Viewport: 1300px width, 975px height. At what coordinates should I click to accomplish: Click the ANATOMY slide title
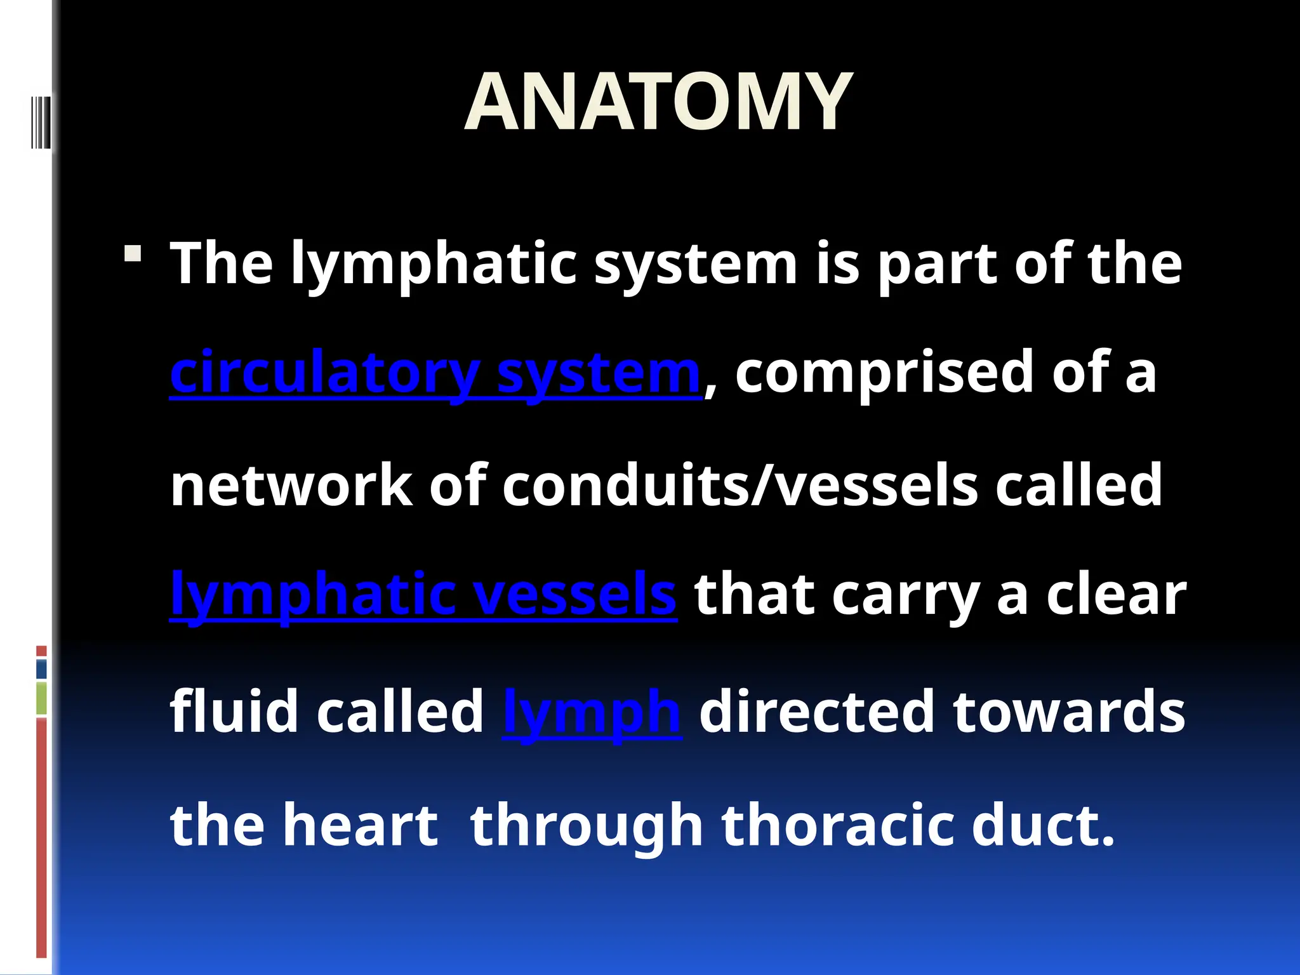[658, 102]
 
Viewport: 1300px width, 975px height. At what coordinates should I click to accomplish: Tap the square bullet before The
[133, 255]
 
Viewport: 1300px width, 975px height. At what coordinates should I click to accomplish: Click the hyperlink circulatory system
[435, 373]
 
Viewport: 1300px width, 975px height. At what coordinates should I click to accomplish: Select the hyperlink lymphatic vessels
[423, 594]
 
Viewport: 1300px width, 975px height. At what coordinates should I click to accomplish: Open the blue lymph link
[592, 712]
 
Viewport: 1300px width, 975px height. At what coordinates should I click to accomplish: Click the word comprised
[884, 373]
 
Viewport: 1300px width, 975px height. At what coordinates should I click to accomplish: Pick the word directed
[817, 712]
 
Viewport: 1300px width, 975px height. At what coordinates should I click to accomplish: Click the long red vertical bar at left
[41, 838]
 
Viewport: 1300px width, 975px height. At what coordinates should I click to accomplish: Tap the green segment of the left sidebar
[41, 698]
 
